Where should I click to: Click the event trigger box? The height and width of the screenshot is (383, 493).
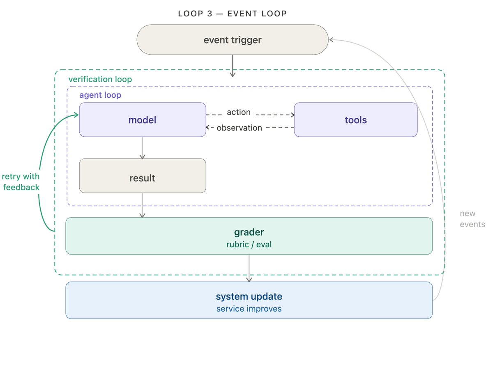tap(232, 40)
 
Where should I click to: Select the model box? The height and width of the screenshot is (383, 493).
tap(143, 119)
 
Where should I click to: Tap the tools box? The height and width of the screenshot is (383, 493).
tap(355, 119)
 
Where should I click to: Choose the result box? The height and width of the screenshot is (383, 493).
tap(143, 176)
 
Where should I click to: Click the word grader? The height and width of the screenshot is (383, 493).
tap(249, 232)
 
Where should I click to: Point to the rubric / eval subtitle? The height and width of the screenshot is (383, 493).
tap(249, 244)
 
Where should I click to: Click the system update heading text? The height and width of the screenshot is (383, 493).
tap(249, 296)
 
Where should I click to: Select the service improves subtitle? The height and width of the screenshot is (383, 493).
tap(249, 309)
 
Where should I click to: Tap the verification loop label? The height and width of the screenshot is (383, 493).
tap(100, 79)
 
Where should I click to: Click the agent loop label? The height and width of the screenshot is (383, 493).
tap(100, 95)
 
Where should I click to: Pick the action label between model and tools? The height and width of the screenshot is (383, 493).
tap(239, 112)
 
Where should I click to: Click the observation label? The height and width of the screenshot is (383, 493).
tap(240, 128)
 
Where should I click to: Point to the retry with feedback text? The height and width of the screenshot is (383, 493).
tap(21, 182)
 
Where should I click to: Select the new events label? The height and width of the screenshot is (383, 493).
tap(472, 219)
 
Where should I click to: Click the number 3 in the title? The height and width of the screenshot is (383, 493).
tap(210, 14)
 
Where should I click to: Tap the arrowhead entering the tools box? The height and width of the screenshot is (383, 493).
tap(293, 115)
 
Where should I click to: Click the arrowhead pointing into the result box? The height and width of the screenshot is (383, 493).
tap(142, 157)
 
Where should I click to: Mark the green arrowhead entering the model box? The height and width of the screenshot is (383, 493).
tap(76, 115)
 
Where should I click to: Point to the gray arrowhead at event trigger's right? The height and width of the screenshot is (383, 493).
tap(331, 40)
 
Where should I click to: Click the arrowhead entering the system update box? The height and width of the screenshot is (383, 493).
tap(249, 280)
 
